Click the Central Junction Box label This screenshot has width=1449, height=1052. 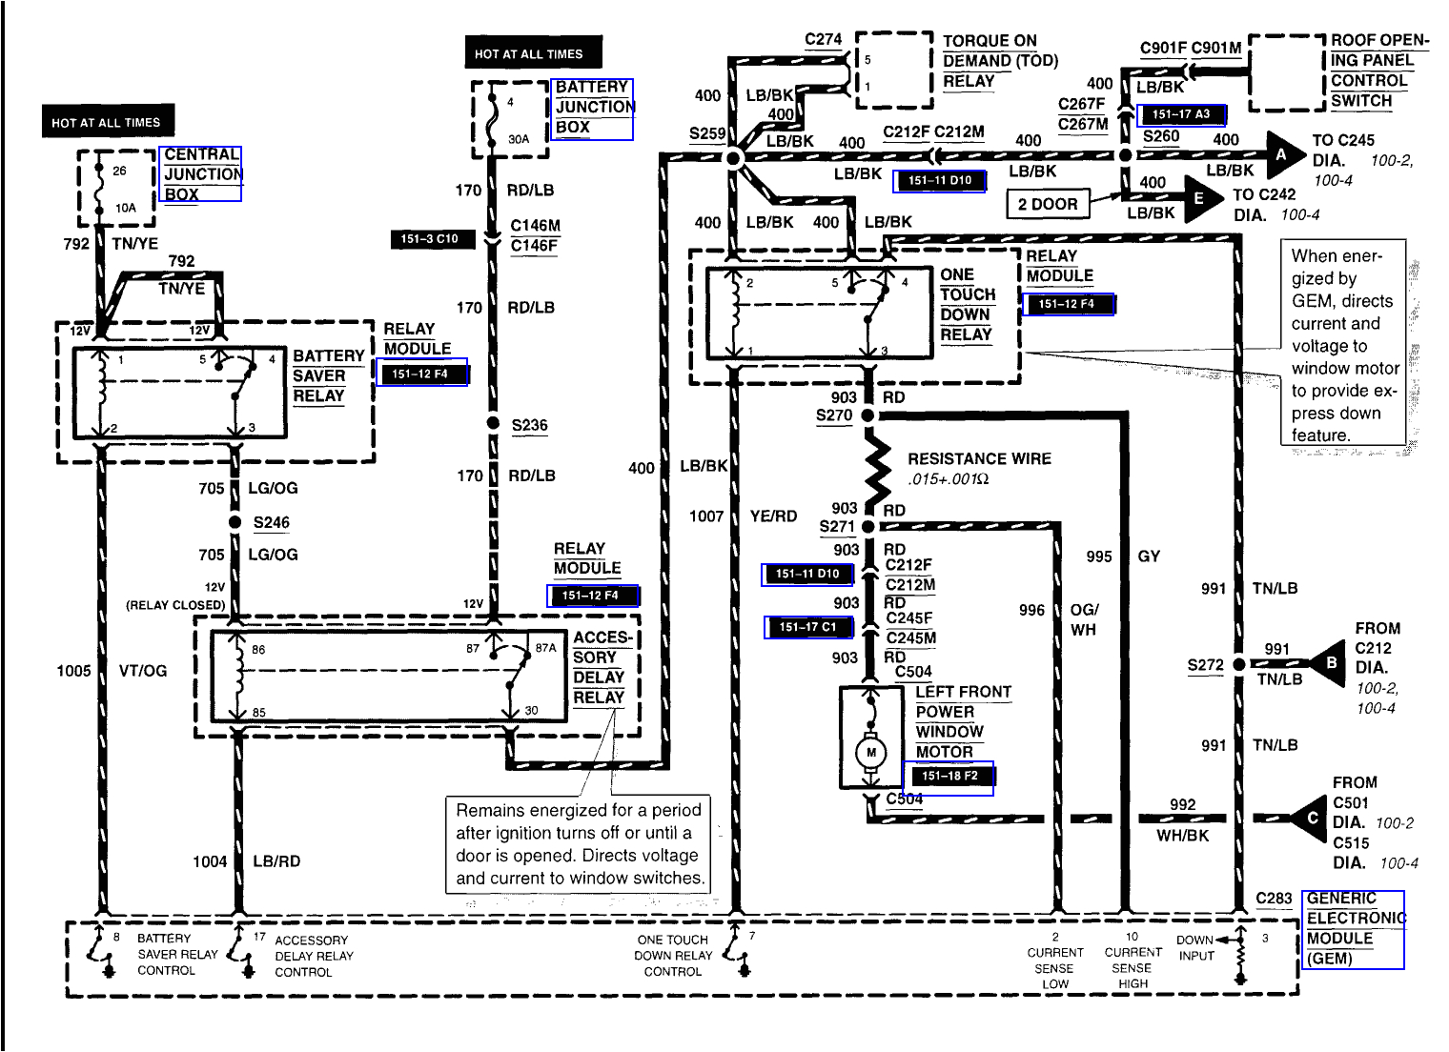coord(202,173)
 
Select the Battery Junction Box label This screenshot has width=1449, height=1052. coord(593,108)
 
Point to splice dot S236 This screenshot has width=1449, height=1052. coord(492,424)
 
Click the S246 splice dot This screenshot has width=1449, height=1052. coord(235,522)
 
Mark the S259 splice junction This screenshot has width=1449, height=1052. coord(734,158)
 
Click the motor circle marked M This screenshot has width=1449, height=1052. coord(870,753)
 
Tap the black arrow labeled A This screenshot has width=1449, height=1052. coord(1283,154)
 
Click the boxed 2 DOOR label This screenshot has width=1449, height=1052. coord(1047,204)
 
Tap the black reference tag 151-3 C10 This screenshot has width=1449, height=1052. coord(433,239)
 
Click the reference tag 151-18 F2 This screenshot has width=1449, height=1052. coord(949,777)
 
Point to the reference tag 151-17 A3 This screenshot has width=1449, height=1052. coord(1181,114)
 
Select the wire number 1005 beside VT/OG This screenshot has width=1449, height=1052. coord(73,671)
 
